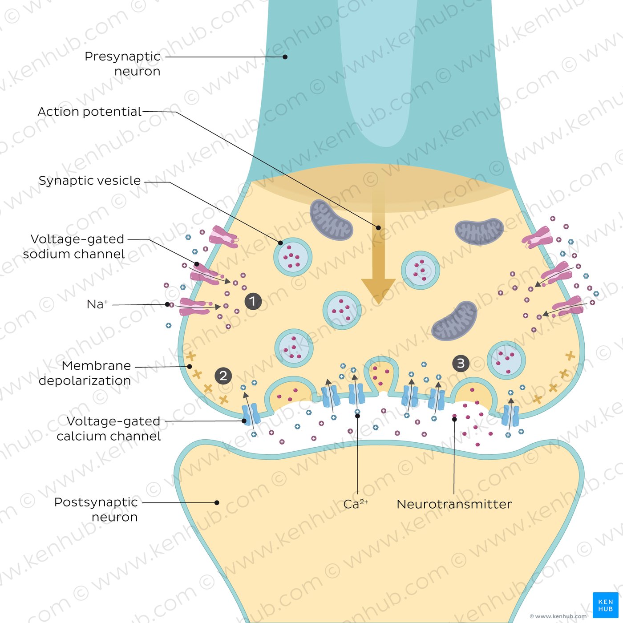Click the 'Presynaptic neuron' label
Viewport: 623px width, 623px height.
(122, 64)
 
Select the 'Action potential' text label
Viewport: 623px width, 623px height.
(89, 111)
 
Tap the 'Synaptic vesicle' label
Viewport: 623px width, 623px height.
(89, 181)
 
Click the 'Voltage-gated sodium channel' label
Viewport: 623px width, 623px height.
(74, 247)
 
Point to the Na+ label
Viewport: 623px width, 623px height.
(97, 304)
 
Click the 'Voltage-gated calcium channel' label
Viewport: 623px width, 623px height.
(109, 429)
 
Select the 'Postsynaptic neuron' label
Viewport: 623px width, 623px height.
(96, 510)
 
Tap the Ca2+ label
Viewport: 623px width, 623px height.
(355, 504)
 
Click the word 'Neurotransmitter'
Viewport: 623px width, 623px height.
(454, 504)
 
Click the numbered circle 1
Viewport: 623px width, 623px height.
(253, 301)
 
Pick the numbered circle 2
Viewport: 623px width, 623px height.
(223, 376)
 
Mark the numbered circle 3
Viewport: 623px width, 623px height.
(461, 364)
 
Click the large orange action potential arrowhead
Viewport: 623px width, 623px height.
(378, 289)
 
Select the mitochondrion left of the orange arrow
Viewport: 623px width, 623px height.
(331, 219)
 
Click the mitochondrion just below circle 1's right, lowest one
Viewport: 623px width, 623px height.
(454, 321)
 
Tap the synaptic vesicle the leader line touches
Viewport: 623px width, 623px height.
(292, 257)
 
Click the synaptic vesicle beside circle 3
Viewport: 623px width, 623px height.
(506, 360)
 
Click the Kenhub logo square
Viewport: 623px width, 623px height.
(605, 605)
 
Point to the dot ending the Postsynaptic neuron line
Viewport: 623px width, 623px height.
(217, 503)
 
